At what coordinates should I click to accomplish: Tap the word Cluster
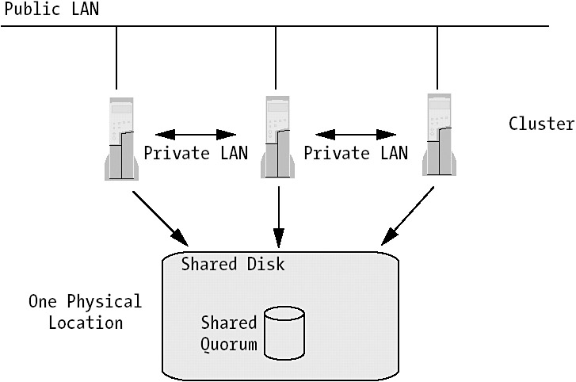pyautogui.click(x=541, y=124)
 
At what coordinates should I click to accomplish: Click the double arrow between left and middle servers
pyautogui.click(x=196, y=132)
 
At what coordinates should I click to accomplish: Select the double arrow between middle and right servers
pyautogui.click(x=354, y=132)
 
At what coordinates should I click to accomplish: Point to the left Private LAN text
pyautogui.click(x=196, y=153)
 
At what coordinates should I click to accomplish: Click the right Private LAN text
pyautogui.click(x=355, y=153)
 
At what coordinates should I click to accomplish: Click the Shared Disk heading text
pyautogui.click(x=232, y=264)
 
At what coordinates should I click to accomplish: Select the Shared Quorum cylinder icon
pyautogui.click(x=284, y=334)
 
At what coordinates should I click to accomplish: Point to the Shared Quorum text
pyautogui.click(x=228, y=334)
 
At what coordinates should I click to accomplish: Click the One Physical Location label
pyautogui.click(x=85, y=312)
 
